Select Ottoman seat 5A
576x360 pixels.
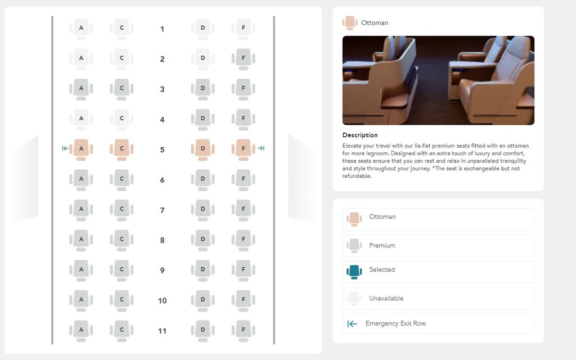(81, 149)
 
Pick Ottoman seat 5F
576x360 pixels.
(243, 149)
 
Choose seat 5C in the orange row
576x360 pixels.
(121, 149)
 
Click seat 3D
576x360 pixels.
(202, 89)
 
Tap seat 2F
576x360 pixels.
(243, 58)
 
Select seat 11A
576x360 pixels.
(81, 331)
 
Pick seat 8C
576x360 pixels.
(121, 240)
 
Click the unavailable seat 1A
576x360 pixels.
(81, 29)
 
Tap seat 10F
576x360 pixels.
(243, 300)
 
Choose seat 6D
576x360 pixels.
(202, 179)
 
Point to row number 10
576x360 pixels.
(163, 301)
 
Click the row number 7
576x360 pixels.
(163, 210)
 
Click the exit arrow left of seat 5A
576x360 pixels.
(65, 148)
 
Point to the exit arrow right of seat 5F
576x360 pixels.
(261, 148)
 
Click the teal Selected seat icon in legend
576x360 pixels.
(354, 272)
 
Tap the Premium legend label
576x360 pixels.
(382, 245)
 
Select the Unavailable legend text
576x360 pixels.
(386, 298)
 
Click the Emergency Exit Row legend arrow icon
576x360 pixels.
(352, 323)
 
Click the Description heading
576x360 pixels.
(360, 135)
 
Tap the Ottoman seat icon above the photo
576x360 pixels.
(350, 22)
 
